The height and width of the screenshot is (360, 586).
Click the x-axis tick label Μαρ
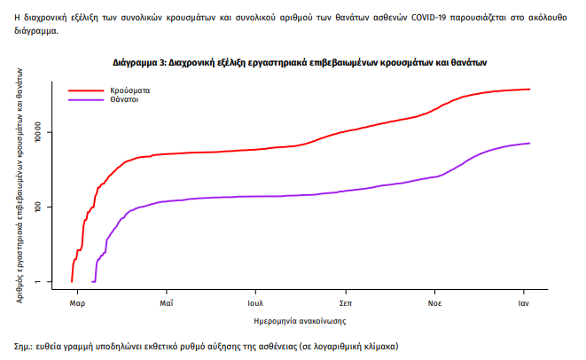click(77, 301)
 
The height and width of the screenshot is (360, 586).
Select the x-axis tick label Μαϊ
click(166, 301)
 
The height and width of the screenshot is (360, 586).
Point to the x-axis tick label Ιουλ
click(256, 301)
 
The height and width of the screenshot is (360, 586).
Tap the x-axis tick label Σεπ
click(346, 301)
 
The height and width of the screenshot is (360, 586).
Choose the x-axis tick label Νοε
click(434, 301)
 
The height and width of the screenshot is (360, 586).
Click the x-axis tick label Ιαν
click(525, 301)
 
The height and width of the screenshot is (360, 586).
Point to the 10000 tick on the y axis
click(51, 133)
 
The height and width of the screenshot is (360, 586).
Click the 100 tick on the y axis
click(51, 207)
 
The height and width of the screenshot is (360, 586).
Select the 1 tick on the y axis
click(51, 282)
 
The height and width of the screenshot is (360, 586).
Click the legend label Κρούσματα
click(130, 90)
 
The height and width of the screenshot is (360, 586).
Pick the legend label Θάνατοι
click(125, 99)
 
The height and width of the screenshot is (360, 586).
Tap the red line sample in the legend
click(87, 90)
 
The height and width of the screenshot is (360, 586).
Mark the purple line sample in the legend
click(87, 99)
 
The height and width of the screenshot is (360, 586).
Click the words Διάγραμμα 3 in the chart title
click(141, 64)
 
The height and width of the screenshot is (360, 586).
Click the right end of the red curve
click(529, 89)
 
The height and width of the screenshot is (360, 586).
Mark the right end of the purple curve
click(529, 143)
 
